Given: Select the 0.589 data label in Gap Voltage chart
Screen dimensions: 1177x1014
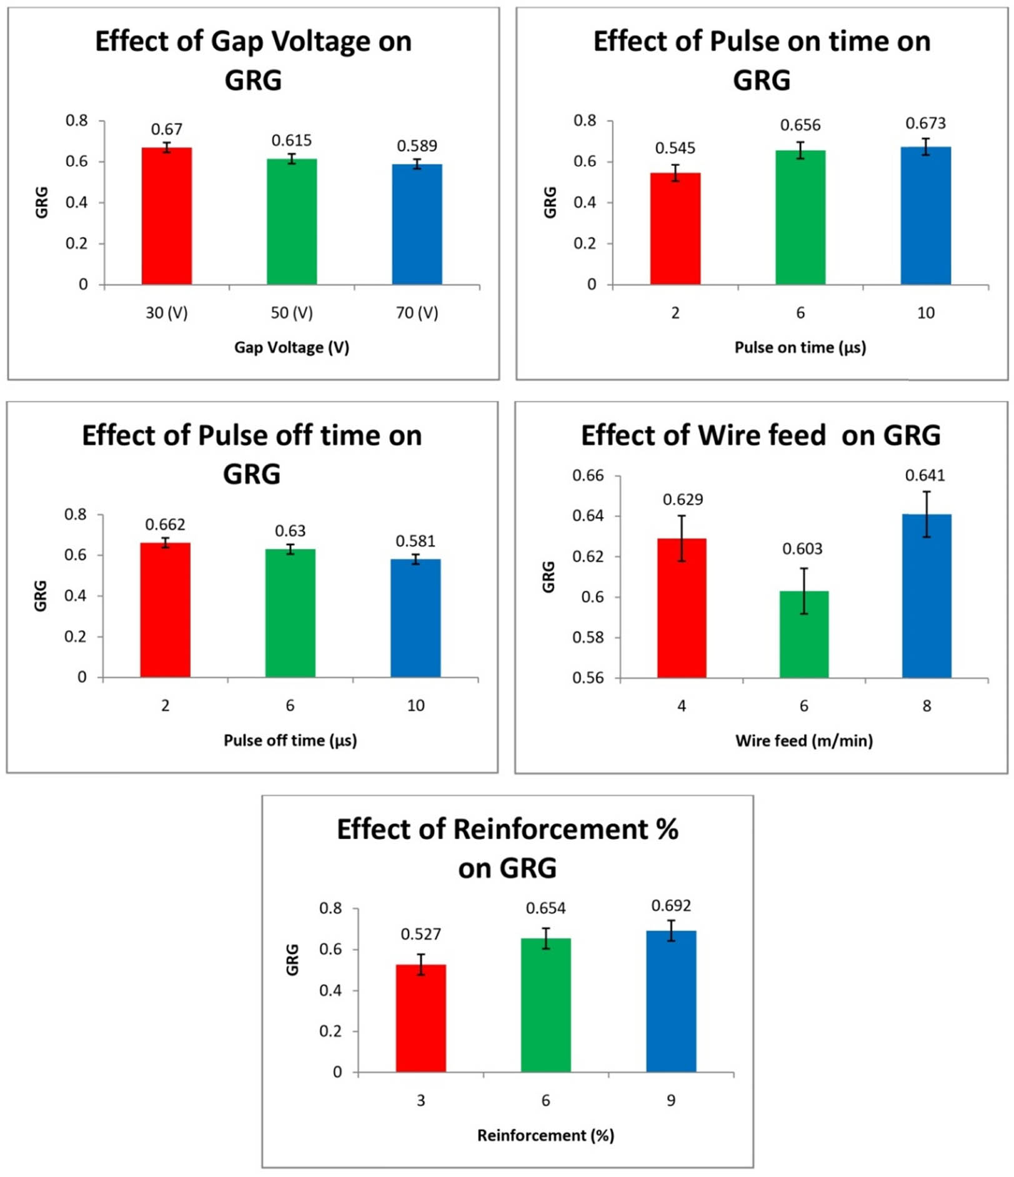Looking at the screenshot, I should click(417, 146).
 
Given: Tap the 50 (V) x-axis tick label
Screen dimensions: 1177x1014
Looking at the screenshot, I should click(292, 313).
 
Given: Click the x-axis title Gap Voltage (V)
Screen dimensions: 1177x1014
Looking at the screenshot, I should click(291, 348).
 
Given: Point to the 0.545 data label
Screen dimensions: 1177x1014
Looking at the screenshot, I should click(675, 149).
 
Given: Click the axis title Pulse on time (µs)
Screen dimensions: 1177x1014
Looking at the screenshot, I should click(800, 348).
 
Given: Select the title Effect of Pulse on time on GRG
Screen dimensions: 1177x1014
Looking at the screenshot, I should click(762, 61).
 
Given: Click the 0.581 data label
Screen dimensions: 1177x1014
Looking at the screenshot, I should click(415, 541).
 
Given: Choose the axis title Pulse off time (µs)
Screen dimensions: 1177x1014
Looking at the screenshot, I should click(290, 741).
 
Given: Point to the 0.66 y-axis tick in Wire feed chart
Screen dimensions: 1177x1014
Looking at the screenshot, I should click(588, 476).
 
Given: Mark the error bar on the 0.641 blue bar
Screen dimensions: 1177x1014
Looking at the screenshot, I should click(927, 514).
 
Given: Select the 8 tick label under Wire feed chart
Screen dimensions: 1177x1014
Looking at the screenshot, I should click(927, 706).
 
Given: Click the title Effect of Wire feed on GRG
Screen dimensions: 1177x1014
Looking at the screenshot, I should click(760, 436).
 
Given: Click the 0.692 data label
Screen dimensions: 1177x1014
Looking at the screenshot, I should click(671, 906).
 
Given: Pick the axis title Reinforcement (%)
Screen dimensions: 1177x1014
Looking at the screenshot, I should click(545, 1135).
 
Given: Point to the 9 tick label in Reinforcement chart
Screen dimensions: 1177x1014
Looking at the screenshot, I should click(671, 1101).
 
